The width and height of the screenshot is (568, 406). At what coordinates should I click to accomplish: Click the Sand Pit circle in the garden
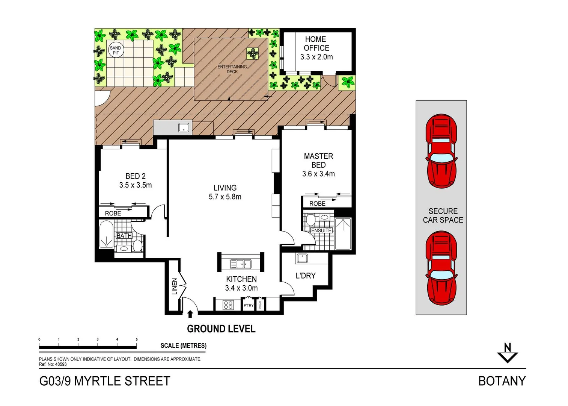click(x=116, y=50)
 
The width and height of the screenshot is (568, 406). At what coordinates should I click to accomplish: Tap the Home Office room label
click(x=316, y=44)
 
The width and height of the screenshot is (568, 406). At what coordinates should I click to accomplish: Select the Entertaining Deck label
click(x=232, y=69)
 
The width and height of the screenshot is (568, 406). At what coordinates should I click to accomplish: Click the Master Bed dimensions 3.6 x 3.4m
click(x=318, y=174)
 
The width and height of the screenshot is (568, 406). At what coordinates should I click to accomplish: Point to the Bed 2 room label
click(x=135, y=176)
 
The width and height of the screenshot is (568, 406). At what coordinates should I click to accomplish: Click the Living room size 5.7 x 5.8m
click(x=225, y=197)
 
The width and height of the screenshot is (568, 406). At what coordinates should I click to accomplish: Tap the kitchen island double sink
click(x=241, y=264)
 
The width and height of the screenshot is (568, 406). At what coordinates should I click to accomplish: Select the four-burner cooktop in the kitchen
click(x=228, y=304)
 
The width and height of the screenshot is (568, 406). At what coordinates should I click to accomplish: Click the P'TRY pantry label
click(x=249, y=305)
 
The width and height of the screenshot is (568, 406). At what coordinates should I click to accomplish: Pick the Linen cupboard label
click(x=174, y=286)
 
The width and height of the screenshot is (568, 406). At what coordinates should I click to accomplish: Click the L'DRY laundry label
click(x=306, y=276)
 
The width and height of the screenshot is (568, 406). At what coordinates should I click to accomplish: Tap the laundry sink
click(x=302, y=258)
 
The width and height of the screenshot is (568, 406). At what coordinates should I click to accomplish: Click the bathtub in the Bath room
click(x=106, y=234)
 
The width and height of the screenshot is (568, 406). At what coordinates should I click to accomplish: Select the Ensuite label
click(x=321, y=230)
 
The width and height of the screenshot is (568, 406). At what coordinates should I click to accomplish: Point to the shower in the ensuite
click(x=343, y=233)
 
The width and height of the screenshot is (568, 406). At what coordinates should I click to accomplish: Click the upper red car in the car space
click(x=441, y=151)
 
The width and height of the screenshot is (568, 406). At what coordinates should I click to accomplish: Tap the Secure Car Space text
click(x=443, y=216)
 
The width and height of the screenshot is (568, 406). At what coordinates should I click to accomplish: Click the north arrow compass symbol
click(x=508, y=353)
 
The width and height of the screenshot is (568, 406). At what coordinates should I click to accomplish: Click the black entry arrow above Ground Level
click(x=190, y=314)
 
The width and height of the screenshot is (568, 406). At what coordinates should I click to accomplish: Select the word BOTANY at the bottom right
click(x=502, y=381)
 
